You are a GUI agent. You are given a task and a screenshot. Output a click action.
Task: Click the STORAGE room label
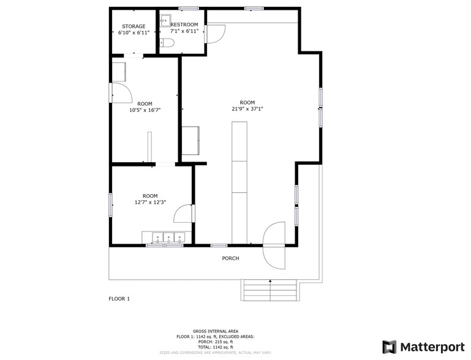point(134,26)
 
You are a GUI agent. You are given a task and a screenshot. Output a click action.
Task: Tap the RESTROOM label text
point(184,24)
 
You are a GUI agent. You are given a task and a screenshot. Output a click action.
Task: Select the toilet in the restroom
point(167,42)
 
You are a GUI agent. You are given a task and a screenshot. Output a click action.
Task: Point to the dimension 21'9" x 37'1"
point(247,109)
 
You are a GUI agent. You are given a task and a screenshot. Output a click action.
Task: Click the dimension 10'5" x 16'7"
point(145,111)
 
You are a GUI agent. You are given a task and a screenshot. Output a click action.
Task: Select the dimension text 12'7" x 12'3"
point(150,202)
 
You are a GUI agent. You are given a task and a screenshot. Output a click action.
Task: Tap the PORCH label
point(230,258)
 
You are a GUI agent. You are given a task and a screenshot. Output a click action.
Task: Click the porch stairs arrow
point(270,282)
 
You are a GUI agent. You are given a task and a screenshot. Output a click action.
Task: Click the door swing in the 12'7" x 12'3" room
point(183,214)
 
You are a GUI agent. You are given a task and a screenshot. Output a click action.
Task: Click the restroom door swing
point(214,34)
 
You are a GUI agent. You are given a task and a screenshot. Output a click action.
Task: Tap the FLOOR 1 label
point(119,299)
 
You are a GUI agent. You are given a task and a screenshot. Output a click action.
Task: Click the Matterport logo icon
point(389,347)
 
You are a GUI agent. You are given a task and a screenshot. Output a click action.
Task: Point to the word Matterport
point(431,347)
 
